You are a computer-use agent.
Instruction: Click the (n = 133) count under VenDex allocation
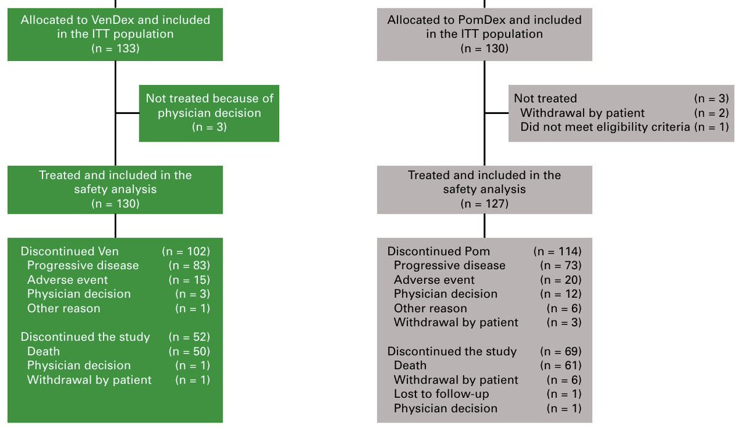tap(115, 49)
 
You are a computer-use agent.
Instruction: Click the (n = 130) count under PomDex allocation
tap(484, 49)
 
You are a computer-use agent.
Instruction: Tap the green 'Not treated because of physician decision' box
tap(210, 113)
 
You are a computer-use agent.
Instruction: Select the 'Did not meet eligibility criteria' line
tap(605, 127)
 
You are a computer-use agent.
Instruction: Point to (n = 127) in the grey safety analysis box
tap(484, 204)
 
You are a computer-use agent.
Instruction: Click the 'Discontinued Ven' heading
tap(70, 251)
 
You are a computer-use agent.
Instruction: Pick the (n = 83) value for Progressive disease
tap(189, 265)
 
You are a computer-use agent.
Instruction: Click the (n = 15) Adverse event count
tap(189, 280)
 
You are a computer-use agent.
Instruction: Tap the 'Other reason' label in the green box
tap(63, 309)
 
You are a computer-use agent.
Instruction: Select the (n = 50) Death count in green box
tap(189, 351)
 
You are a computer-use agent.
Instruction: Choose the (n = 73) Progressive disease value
tap(561, 265)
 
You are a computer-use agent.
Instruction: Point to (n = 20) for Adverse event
tap(561, 280)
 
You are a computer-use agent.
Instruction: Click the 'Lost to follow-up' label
tap(435, 394)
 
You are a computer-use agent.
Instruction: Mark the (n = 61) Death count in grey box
tap(561, 365)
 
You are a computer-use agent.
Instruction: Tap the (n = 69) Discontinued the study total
tap(561, 351)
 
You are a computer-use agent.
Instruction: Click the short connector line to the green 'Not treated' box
tap(127, 113)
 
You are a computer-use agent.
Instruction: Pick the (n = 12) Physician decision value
tap(561, 294)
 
